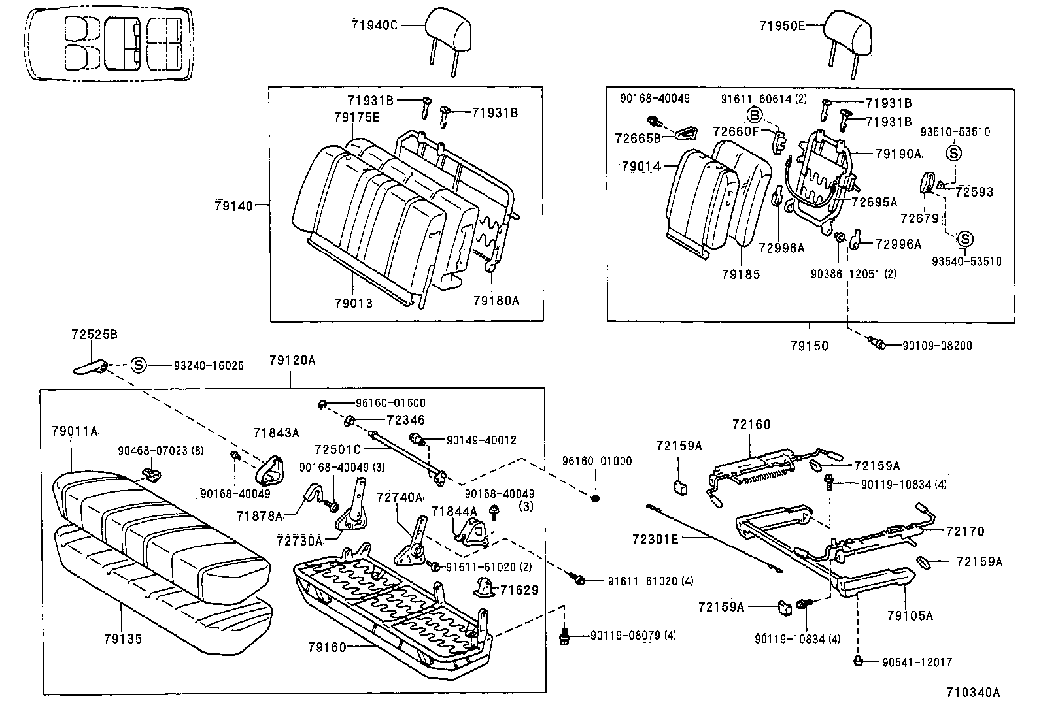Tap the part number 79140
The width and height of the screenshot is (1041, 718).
click(x=233, y=205)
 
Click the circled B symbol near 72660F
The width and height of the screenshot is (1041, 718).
click(x=755, y=116)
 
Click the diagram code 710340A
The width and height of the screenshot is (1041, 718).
click(x=972, y=693)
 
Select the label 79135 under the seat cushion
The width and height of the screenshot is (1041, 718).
click(x=122, y=638)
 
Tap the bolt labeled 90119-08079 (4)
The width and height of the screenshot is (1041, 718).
click(x=564, y=636)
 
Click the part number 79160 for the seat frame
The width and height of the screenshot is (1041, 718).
click(x=326, y=647)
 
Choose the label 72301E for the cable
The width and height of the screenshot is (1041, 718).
click(x=656, y=538)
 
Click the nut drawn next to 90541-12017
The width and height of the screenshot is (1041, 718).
click(x=858, y=661)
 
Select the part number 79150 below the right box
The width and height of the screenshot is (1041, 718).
click(x=809, y=346)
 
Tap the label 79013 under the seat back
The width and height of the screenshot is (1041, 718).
click(x=353, y=303)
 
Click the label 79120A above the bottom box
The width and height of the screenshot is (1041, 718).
click(x=292, y=360)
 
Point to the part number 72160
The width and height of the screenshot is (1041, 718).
click(x=751, y=425)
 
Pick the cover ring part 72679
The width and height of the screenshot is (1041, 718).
click(x=927, y=182)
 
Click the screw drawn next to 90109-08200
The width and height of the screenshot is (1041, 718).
click(x=877, y=343)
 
